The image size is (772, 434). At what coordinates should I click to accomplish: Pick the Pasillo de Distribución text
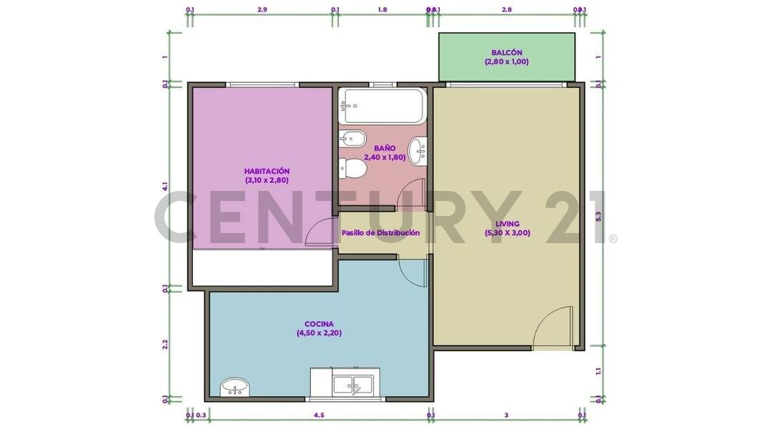pos(380,233)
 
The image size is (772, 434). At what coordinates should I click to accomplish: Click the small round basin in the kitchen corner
pos(234,388)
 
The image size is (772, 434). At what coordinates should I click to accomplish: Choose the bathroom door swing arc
pos(412,194)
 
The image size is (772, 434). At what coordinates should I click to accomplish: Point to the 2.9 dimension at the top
pos(262,10)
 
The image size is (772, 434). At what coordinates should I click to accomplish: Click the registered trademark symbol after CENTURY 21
pos(613,238)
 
